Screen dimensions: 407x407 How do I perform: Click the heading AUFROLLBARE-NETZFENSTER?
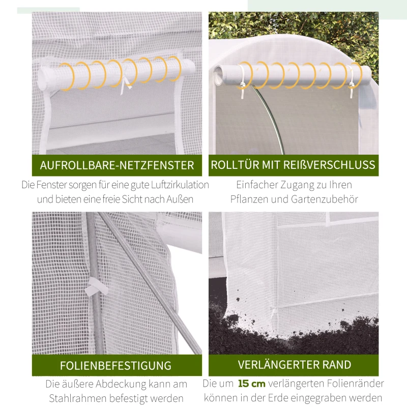117,165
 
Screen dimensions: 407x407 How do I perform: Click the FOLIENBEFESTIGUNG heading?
115,365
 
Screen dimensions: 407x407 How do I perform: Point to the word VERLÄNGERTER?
278,365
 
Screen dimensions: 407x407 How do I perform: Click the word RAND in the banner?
337,365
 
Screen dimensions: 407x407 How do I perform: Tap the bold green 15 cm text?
251,384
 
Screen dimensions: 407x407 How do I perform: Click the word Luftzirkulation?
180,185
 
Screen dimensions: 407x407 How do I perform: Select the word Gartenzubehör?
325,199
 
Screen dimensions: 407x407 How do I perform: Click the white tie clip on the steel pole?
96,286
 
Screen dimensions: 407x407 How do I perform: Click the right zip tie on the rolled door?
351,81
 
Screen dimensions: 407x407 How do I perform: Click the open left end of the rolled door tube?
218,75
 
